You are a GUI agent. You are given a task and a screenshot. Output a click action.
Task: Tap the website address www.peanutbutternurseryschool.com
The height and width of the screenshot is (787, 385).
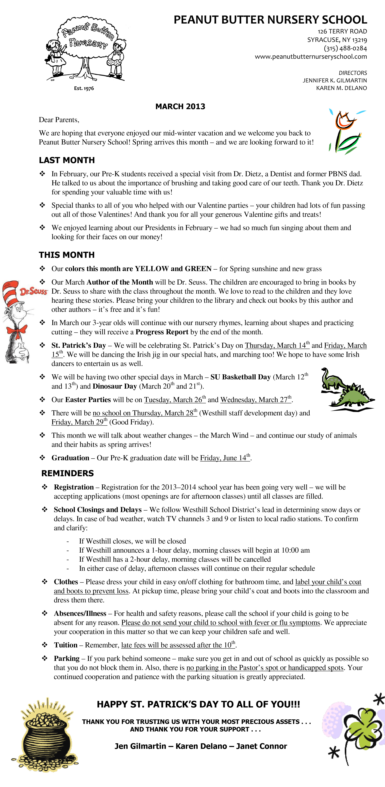(311, 57)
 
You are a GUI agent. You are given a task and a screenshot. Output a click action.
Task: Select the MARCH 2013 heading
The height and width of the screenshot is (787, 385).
(180, 106)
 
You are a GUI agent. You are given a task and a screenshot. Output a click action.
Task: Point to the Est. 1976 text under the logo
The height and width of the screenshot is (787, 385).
(84, 88)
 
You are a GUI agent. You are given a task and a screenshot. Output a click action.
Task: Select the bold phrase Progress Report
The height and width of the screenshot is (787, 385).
(162, 332)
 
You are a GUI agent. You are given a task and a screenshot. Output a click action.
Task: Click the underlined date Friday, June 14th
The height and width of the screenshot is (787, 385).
(225, 458)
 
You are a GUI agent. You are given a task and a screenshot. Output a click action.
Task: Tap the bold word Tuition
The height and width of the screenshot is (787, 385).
(65, 645)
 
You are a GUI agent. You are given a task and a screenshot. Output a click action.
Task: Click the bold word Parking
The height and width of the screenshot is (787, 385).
(67, 658)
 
